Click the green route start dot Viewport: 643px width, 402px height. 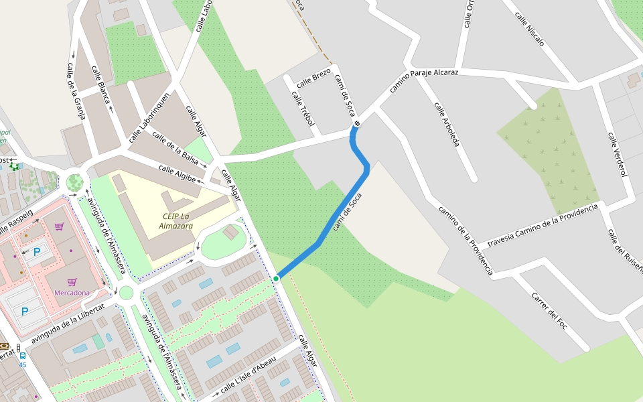click(x=276, y=278)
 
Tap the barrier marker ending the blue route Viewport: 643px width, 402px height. click(x=357, y=123)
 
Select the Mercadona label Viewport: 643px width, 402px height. click(x=72, y=293)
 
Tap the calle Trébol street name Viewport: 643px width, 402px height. click(x=303, y=108)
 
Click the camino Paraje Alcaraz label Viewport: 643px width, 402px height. click(x=423, y=80)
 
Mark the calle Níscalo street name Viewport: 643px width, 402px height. click(x=529, y=28)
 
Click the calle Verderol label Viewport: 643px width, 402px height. click(x=617, y=155)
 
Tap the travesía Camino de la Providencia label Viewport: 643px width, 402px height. click(x=543, y=226)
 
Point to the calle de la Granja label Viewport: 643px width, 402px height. click(x=76, y=91)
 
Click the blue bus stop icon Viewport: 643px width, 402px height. click(x=22, y=355)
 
